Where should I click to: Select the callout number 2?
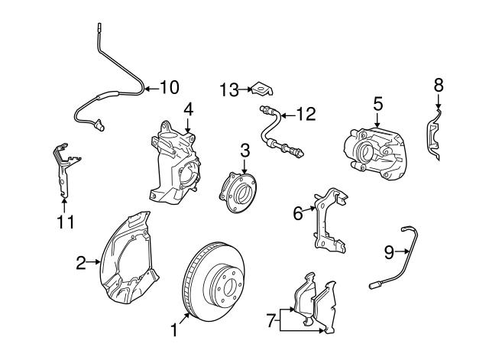[81, 264]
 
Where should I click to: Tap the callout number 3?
[244, 150]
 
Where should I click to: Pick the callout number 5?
[377, 102]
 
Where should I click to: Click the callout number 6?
[298, 212]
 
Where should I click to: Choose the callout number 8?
[439, 86]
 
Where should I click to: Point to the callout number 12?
[305, 115]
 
